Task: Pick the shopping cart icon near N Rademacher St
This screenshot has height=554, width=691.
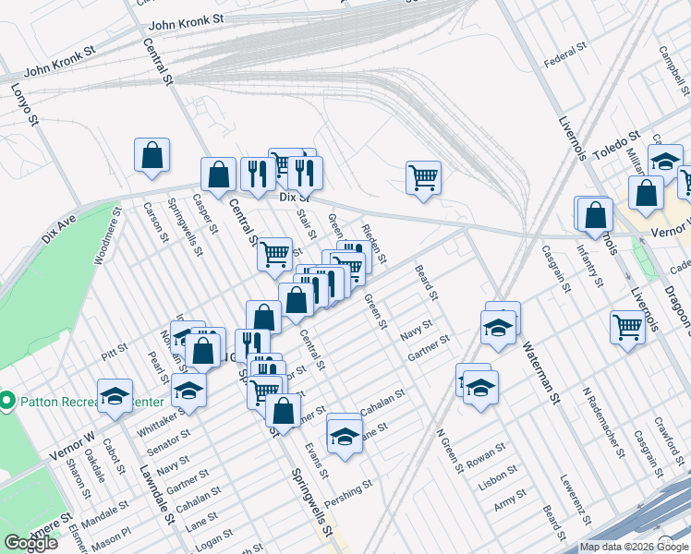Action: (627, 326)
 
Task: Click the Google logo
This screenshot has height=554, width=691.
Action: (30, 543)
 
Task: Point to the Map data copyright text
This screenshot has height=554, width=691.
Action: (632, 547)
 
